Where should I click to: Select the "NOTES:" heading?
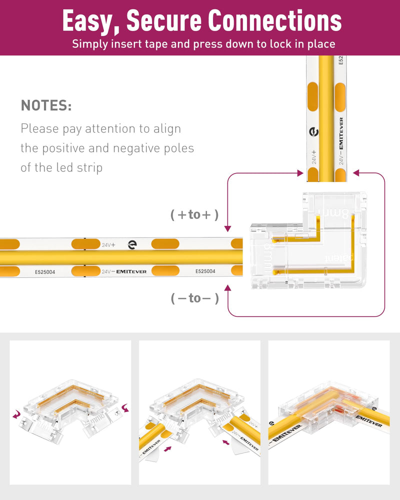tap(46, 105)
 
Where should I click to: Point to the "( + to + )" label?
tap(194, 215)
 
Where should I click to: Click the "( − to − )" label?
tap(194, 298)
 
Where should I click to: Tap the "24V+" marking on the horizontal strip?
tap(108, 245)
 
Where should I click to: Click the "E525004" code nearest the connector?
tap(205, 271)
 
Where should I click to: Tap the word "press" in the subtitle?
tap(196, 43)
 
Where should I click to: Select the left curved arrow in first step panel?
tap(17, 413)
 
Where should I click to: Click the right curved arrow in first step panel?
tap(123, 409)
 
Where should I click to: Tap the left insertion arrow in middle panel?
tap(167, 449)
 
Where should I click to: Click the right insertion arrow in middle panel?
tap(226, 441)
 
